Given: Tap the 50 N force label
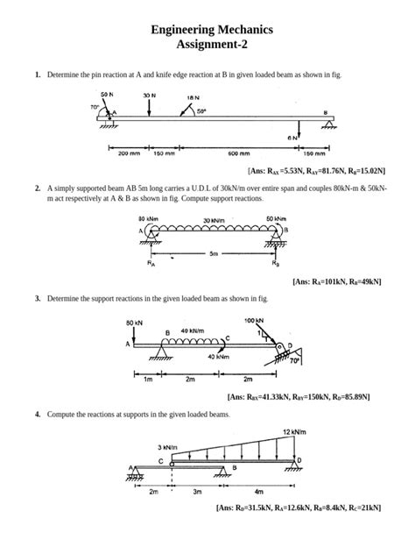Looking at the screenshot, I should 106,94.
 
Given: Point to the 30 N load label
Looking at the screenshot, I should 149,94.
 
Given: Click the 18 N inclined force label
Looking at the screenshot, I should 192,98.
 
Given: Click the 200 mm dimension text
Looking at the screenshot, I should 129,153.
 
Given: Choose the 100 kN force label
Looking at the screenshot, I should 255,321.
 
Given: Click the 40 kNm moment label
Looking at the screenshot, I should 220,357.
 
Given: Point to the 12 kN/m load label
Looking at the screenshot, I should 293,431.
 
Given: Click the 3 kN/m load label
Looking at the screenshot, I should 167,448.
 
